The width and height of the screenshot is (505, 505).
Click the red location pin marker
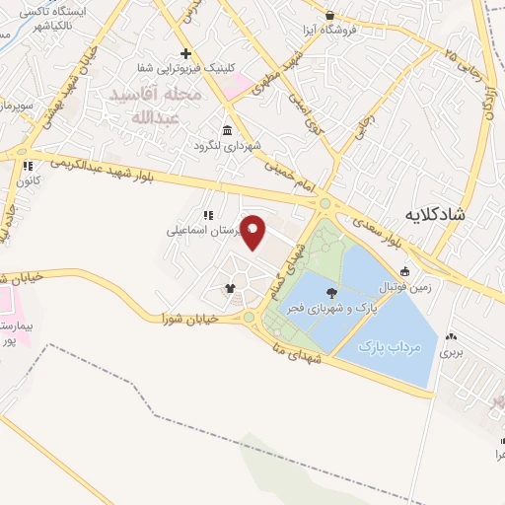pyautogui.click(x=253, y=231)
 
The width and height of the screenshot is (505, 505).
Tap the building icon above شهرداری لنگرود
pyautogui.click(x=228, y=131)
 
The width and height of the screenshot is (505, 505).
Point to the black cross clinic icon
pyautogui.click(x=185, y=52)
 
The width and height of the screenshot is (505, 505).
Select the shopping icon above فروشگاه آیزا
pyautogui.click(x=329, y=15)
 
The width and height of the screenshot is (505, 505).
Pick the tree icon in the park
pyautogui.click(x=331, y=292)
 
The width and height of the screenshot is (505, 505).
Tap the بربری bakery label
pyautogui.click(x=451, y=351)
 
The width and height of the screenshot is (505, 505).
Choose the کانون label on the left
pyautogui.click(x=27, y=180)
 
